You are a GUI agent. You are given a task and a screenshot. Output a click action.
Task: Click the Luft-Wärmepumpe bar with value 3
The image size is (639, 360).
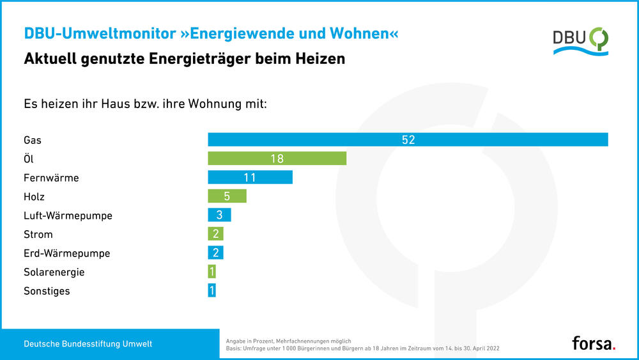pos(219,215)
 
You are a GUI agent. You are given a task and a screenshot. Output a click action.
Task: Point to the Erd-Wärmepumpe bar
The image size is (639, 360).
pos(215,253)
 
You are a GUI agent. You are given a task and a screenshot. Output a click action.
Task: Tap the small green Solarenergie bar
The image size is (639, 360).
pos(212,272)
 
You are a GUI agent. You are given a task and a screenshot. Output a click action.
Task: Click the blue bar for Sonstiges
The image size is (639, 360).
pos(212,291)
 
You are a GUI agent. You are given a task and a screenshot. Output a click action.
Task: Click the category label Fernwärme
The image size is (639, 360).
pos(51,178)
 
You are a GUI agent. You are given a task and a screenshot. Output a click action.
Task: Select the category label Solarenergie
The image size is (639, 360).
pos(54,272)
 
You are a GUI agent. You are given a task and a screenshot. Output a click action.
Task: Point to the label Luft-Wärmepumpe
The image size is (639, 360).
pos(68,215)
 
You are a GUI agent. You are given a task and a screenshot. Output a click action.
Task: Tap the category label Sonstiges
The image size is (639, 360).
pos(47,291)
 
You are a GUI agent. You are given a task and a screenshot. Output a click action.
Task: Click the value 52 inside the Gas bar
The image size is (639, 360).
pos(408,139)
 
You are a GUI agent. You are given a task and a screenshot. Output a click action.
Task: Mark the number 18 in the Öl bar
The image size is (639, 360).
pos(277,159)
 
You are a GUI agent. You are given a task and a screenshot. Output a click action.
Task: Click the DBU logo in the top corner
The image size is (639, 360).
pos(580,41)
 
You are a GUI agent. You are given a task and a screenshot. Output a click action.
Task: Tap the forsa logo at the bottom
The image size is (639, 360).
pos(594,343)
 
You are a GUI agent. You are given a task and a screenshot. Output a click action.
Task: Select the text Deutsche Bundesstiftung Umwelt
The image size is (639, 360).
pos(88,344)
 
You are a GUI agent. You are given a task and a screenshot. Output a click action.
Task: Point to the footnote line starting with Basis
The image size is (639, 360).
pos(362,348)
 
